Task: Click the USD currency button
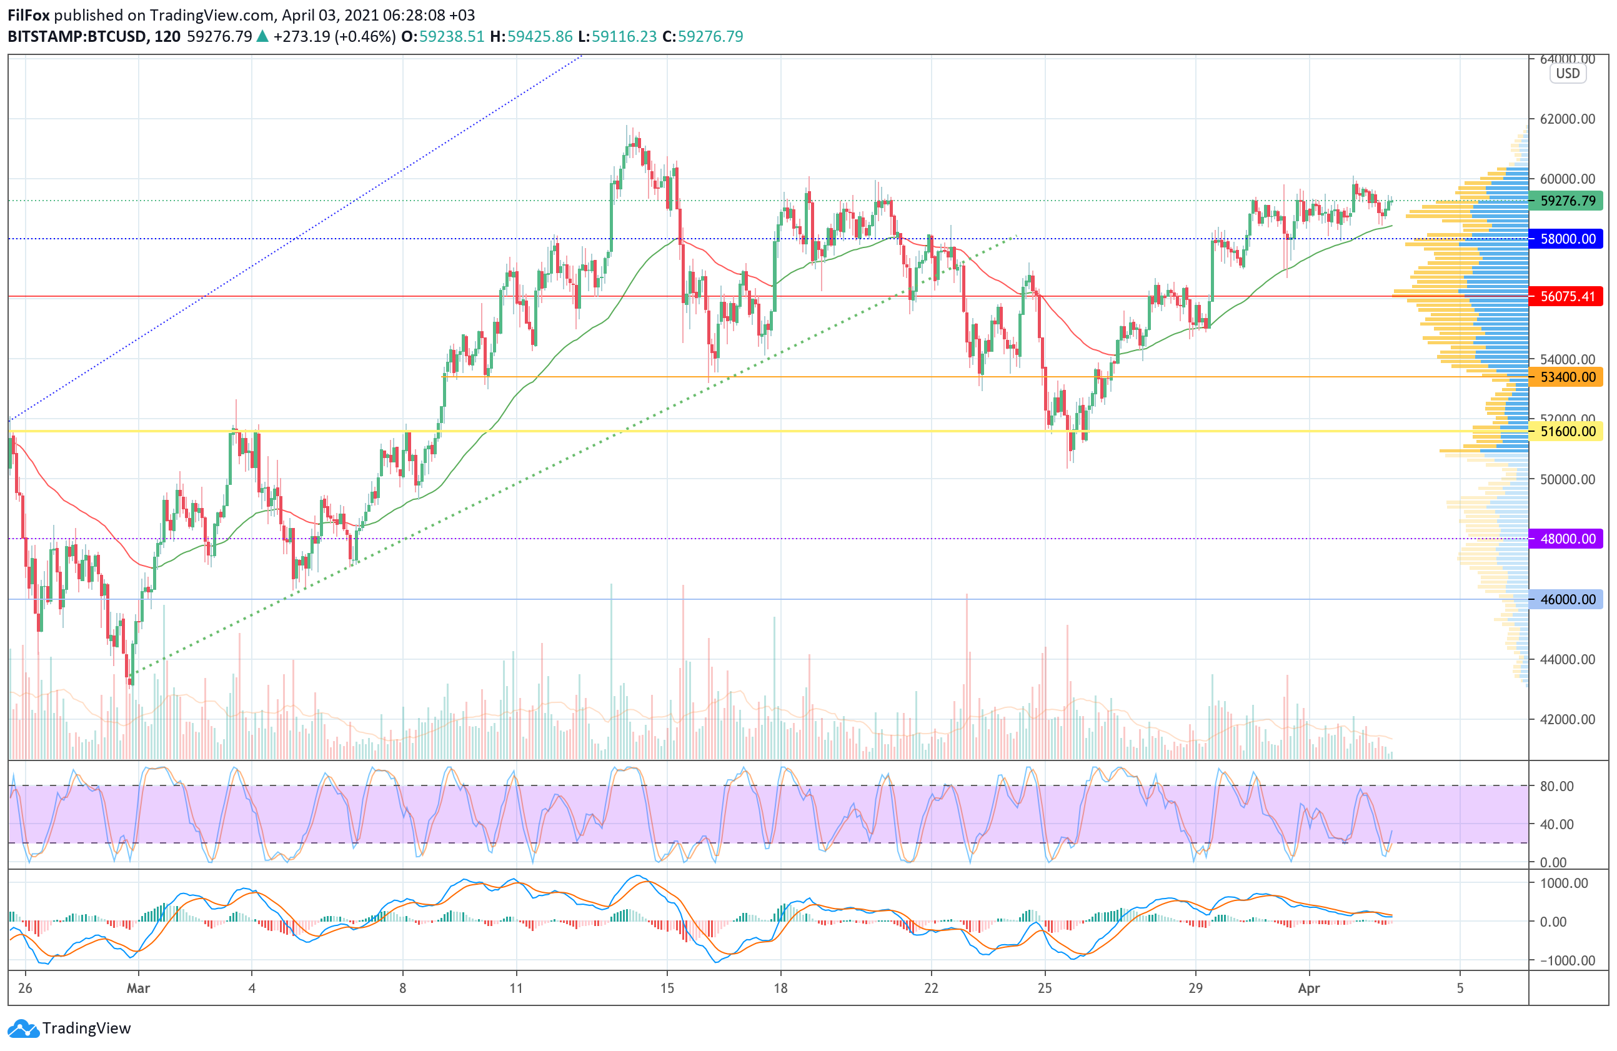click(x=1568, y=73)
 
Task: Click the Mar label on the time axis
click(x=138, y=988)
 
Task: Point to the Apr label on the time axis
click(x=1308, y=988)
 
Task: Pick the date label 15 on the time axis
click(x=667, y=988)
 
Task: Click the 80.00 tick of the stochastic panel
click(x=1556, y=786)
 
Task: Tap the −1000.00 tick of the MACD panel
click(x=1563, y=960)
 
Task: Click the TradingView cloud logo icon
click(x=23, y=1029)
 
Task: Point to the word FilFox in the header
click(x=29, y=15)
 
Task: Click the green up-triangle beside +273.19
click(x=262, y=37)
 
